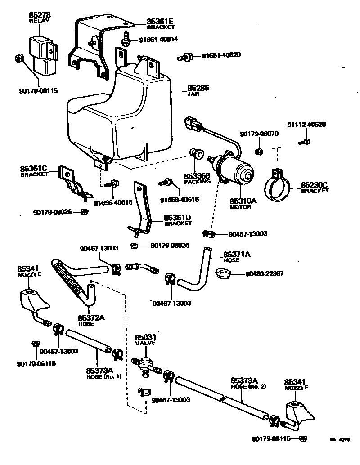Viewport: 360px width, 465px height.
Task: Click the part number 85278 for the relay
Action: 40,15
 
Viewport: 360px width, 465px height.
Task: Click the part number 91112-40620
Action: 307,125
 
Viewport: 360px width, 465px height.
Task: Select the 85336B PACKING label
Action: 197,178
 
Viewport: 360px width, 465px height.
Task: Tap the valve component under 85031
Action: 145,362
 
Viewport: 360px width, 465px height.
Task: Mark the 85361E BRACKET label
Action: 160,23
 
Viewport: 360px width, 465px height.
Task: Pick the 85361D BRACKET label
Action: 177,220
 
